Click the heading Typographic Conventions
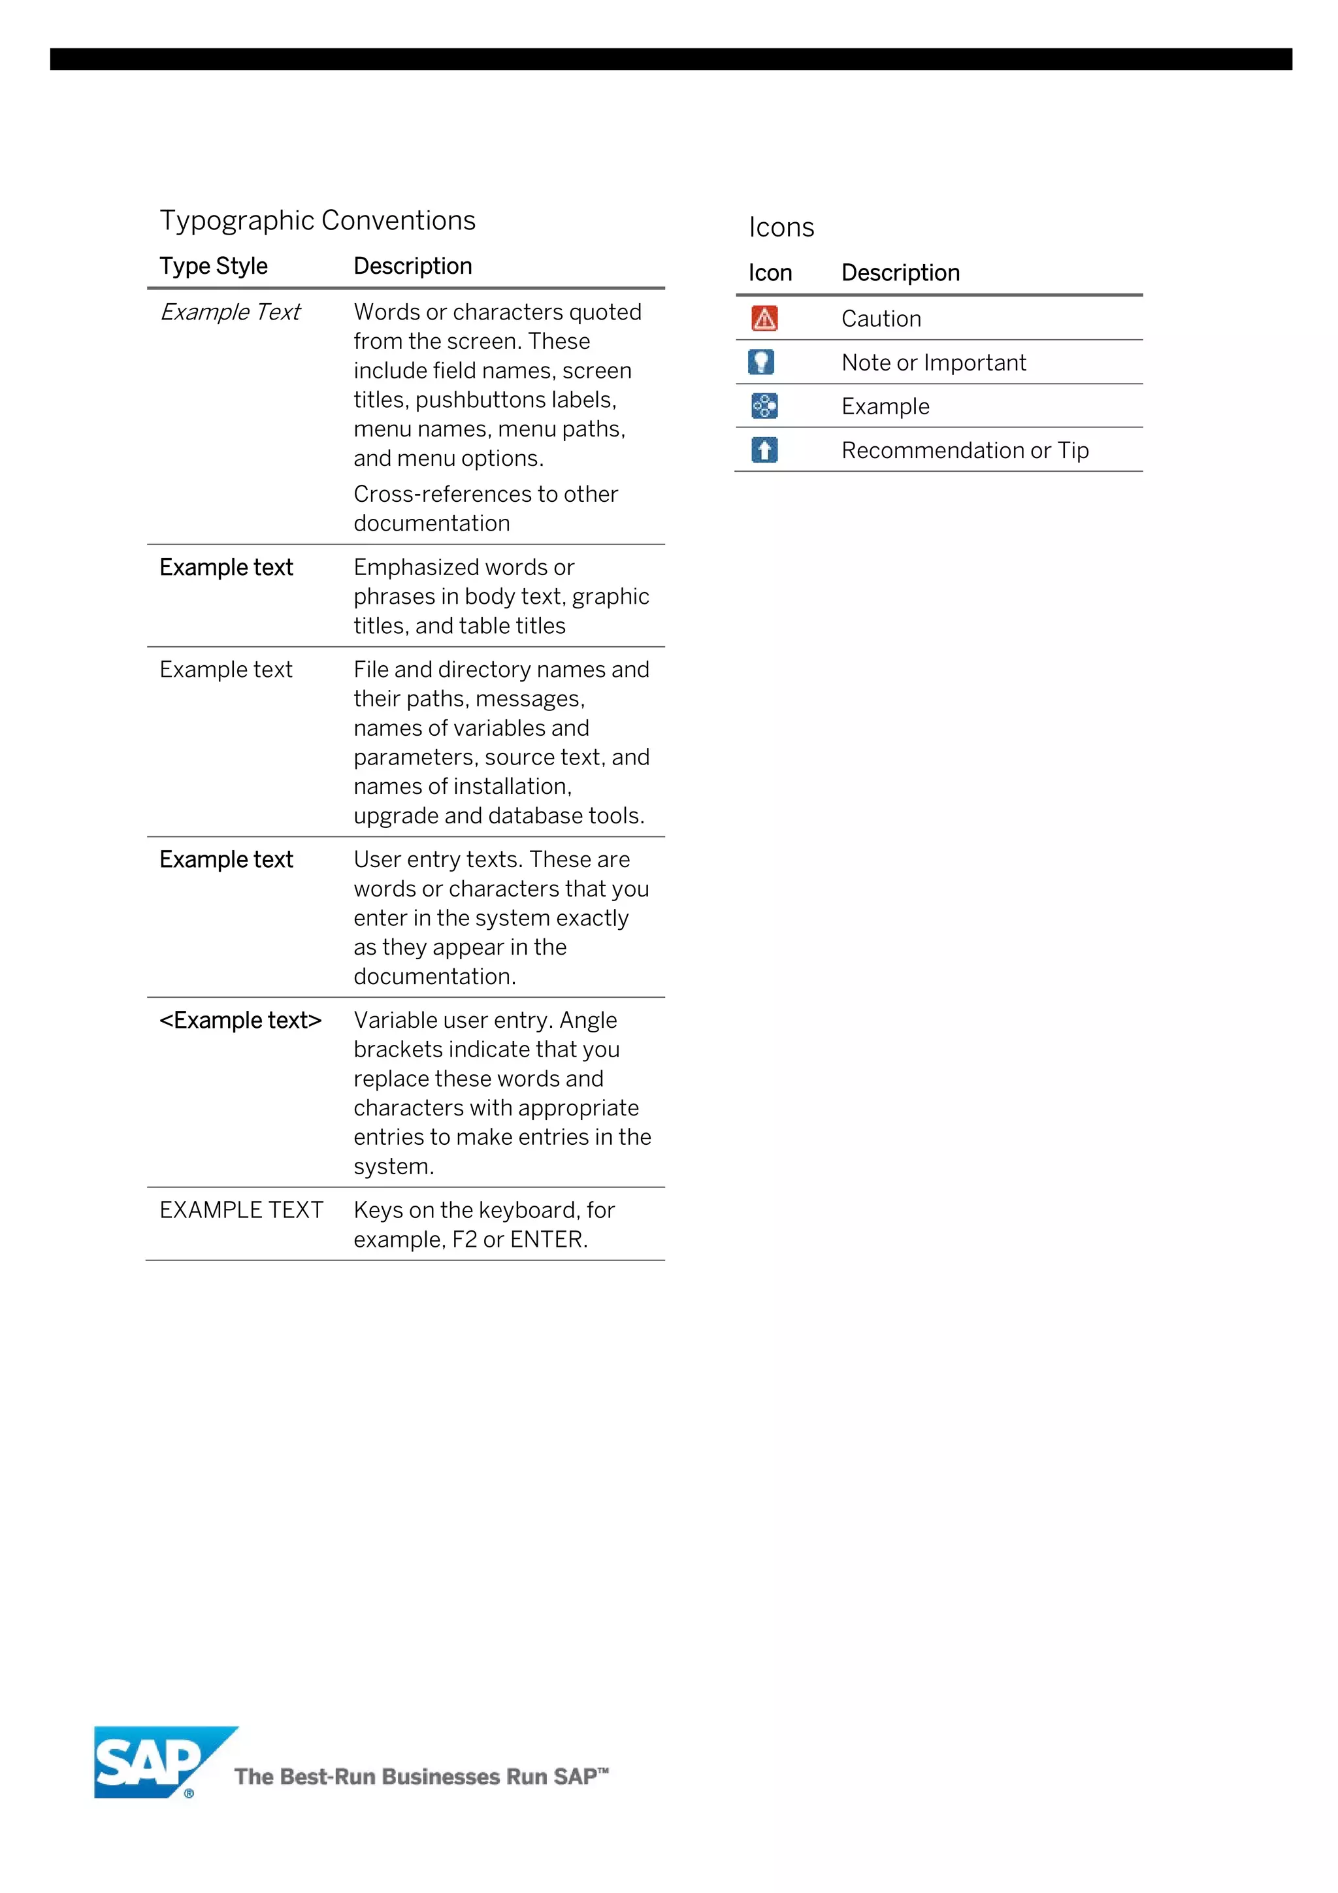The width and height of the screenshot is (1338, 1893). coord(318,220)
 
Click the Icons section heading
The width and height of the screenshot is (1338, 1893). coord(781,227)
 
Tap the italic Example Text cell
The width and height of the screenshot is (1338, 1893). coord(230,312)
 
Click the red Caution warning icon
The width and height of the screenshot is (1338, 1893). coord(764,318)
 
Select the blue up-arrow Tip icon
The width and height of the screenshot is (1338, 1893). coord(764,450)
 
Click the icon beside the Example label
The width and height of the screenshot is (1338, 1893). coord(764,406)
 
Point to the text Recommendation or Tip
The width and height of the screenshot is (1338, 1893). coord(964,450)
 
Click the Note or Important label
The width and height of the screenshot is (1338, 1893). coord(933,363)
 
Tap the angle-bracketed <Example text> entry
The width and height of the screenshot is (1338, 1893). coord(240,1020)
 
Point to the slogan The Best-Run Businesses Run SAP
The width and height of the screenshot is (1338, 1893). coord(421,1776)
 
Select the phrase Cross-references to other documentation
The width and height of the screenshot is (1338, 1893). coord(485,508)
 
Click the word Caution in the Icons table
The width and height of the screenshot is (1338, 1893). coord(881,319)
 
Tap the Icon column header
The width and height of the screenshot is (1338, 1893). coord(770,273)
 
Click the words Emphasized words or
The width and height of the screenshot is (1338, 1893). coord(463,567)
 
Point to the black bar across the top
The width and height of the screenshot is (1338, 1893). coord(670,59)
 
